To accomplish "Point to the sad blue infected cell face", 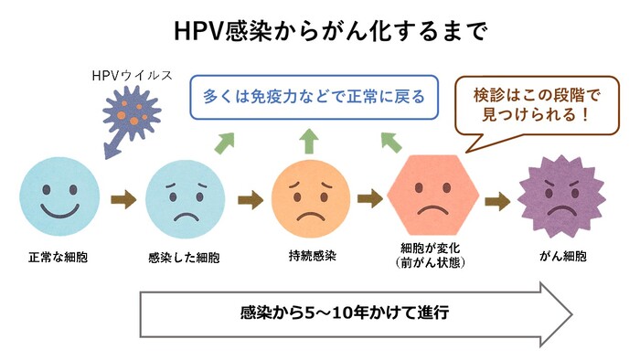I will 184,199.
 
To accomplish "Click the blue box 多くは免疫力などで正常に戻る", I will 308,96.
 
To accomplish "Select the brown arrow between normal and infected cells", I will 121,199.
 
